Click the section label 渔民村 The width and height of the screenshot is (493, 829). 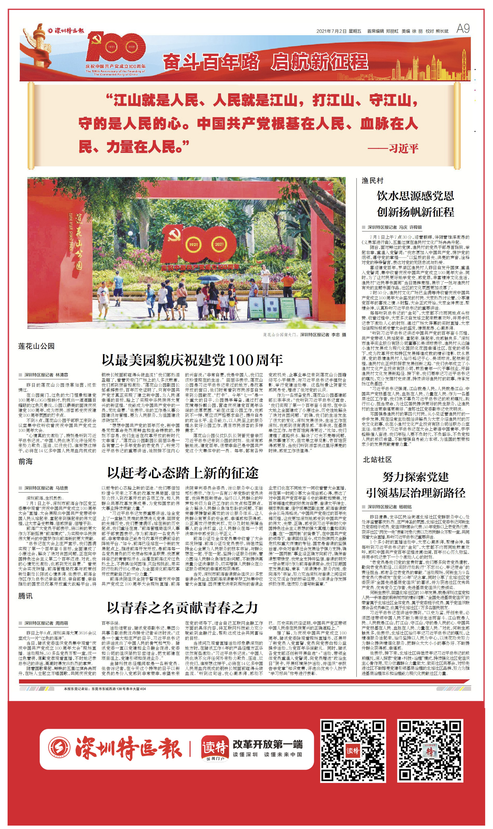(x=372, y=181)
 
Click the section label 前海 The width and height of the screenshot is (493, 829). (x=26, y=461)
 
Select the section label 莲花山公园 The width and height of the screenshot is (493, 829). (x=36, y=346)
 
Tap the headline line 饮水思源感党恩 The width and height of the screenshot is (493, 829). (x=415, y=196)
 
